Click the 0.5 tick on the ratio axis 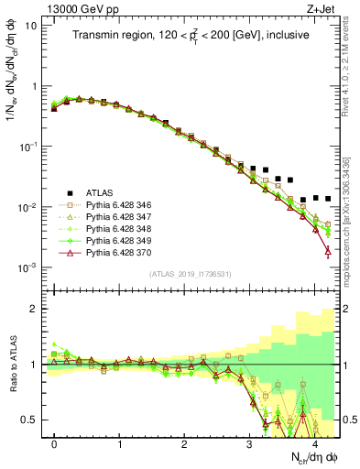(x=32, y=420)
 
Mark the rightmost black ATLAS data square (x=327, y=198)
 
